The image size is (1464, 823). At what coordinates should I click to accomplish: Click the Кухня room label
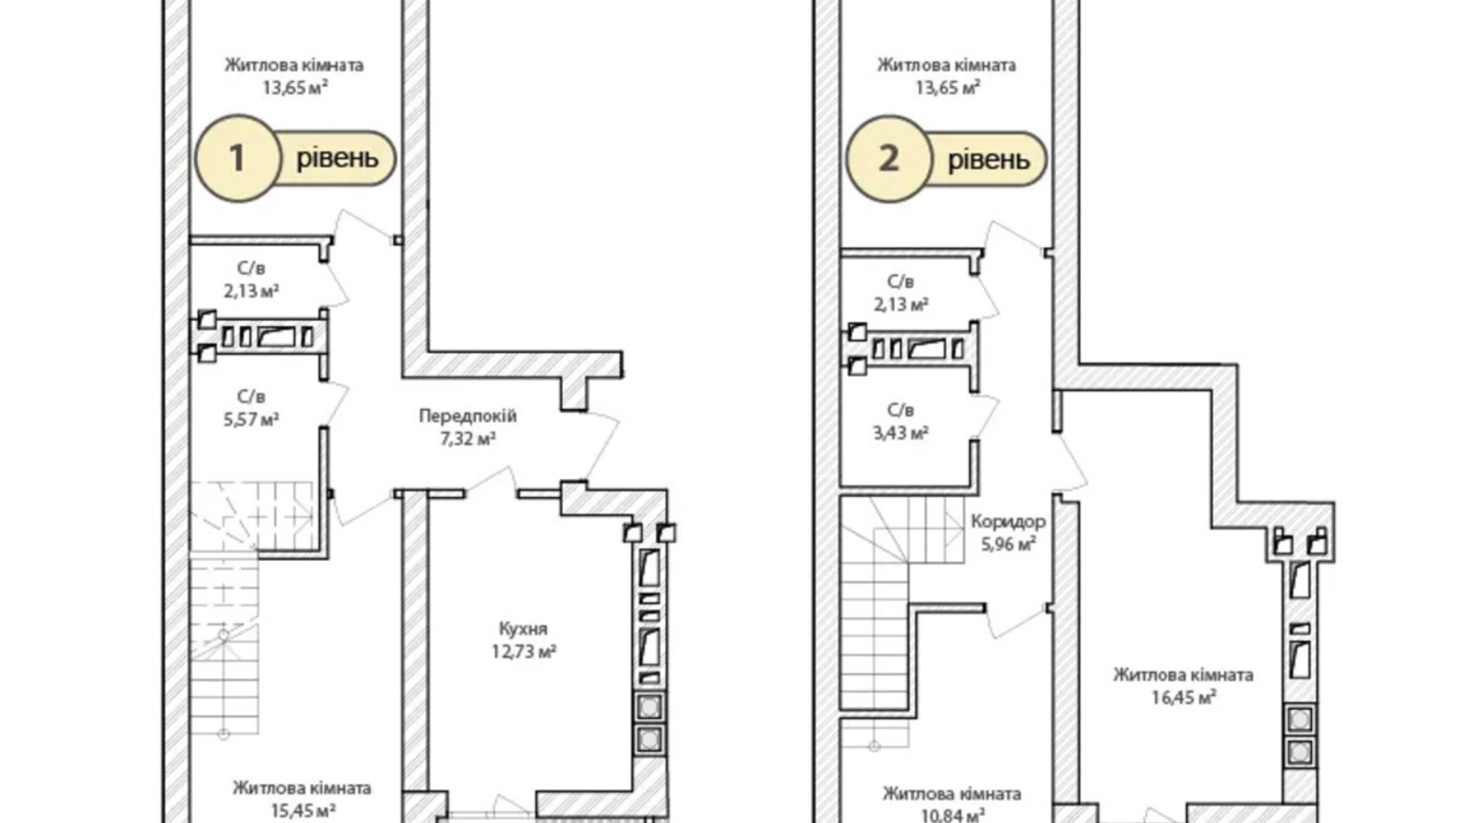click(x=523, y=629)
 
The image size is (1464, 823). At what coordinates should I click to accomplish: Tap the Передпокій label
click(x=468, y=415)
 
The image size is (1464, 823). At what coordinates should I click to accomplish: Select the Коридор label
click(x=1008, y=521)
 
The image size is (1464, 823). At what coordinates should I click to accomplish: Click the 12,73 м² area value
click(x=523, y=652)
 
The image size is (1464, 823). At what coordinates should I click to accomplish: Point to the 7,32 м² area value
click(x=468, y=438)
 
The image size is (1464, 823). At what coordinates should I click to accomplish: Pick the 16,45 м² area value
click(x=1184, y=698)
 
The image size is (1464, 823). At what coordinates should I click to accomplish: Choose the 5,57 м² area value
click(x=251, y=419)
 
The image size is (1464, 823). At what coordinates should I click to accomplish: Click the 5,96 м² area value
click(x=1008, y=544)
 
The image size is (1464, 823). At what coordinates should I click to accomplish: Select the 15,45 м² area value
click(x=302, y=811)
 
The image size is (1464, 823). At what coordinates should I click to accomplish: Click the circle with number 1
click(x=238, y=158)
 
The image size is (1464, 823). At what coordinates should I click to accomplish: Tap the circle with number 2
click(x=889, y=158)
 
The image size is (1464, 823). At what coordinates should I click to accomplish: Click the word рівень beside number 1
click(x=337, y=159)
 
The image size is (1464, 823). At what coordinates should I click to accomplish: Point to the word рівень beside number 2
click(x=989, y=161)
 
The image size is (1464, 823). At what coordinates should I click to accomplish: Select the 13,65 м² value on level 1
click(x=295, y=87)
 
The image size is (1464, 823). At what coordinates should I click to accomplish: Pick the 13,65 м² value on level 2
click(x=947, y=87)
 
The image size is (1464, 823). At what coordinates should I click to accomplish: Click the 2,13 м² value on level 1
click(x=251, y=291)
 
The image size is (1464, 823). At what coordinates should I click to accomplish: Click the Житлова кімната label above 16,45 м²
click(x=1183, y=675)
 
